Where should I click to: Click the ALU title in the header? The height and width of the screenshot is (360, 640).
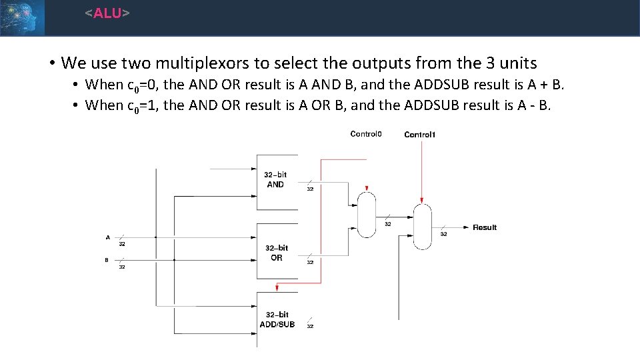[x=107, y=13]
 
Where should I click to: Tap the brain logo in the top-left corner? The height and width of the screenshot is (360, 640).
[x=22, y=17]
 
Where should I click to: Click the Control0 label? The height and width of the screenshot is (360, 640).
[x=366, y=134]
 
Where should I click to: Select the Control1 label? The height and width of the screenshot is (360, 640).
[x=420, y=135]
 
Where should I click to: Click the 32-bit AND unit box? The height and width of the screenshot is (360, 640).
[x=276, y=181]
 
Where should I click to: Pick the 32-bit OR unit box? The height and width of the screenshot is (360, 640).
[x=276, y=253]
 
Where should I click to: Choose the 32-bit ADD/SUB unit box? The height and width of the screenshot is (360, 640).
[x=277, y=319]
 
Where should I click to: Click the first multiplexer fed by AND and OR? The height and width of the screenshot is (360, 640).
[x=367, y=215]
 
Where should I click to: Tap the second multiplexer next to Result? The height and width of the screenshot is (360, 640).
[x=422, y=227]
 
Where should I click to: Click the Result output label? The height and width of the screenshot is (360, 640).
[x=485, y=227]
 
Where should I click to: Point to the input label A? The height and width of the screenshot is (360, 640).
[x=108, y=237]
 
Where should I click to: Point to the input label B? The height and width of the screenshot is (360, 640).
[x=107, y=260]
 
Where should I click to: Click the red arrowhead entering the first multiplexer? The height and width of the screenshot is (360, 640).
[x=367, y=189]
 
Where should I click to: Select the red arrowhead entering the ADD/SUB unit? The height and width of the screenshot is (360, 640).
[x=277, y=288]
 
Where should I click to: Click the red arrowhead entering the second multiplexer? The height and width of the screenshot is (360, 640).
[x=422, y=200]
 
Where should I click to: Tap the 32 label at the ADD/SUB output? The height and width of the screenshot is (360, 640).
[x=310, y=326]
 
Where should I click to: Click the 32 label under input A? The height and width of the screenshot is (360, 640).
[x=122, y=244]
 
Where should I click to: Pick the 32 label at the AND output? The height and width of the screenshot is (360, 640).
[x=310, y=189]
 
